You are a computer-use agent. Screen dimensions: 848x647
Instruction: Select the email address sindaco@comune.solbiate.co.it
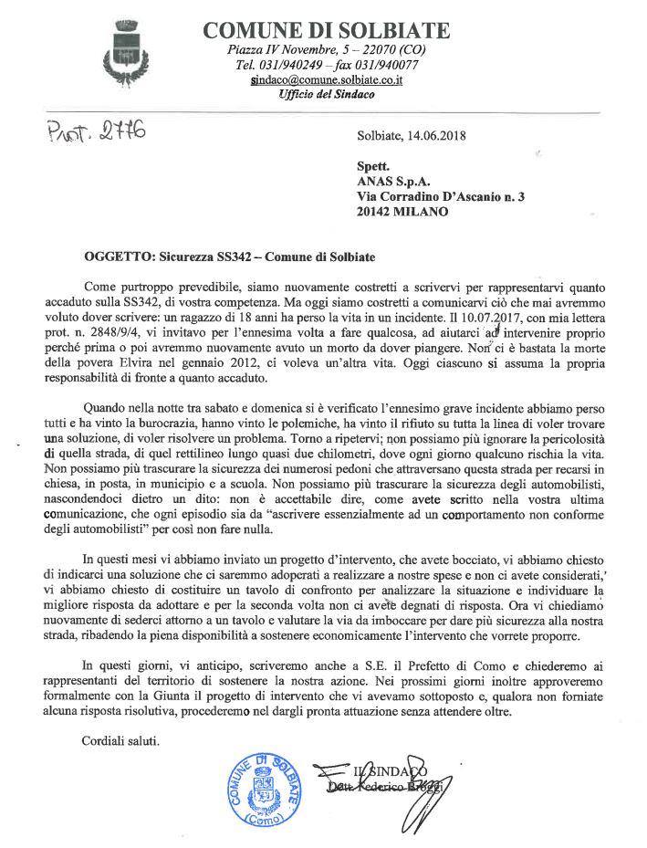327,80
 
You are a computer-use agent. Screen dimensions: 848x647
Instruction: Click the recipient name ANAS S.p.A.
387,181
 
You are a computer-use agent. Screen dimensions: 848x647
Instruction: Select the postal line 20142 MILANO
402,212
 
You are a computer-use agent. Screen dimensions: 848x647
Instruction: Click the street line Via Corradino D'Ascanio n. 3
439,196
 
